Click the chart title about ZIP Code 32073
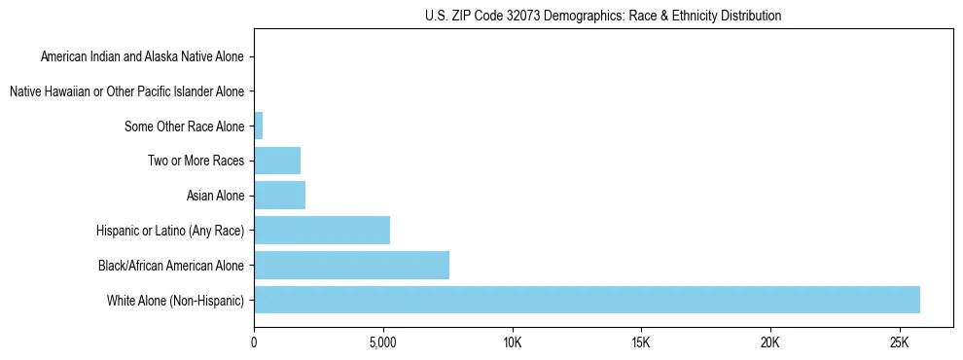coord(603,16)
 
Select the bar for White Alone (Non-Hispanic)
coord(587,300)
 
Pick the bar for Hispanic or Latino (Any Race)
coord(321,230)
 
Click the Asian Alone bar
coord(279,196)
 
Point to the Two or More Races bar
coord(277,161)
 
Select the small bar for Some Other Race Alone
coord(258,126)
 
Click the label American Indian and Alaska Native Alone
coord(143,56)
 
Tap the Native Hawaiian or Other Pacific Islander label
coord(126,91)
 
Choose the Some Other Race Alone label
coord(185,126)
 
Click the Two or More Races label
coord(196,161)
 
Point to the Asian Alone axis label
coord(215,196)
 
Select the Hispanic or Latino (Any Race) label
coord(170,231)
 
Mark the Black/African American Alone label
coord(171,265)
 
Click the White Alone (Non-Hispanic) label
coord(176,300)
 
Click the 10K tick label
coord(512,343)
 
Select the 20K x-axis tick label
coord(769,343)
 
